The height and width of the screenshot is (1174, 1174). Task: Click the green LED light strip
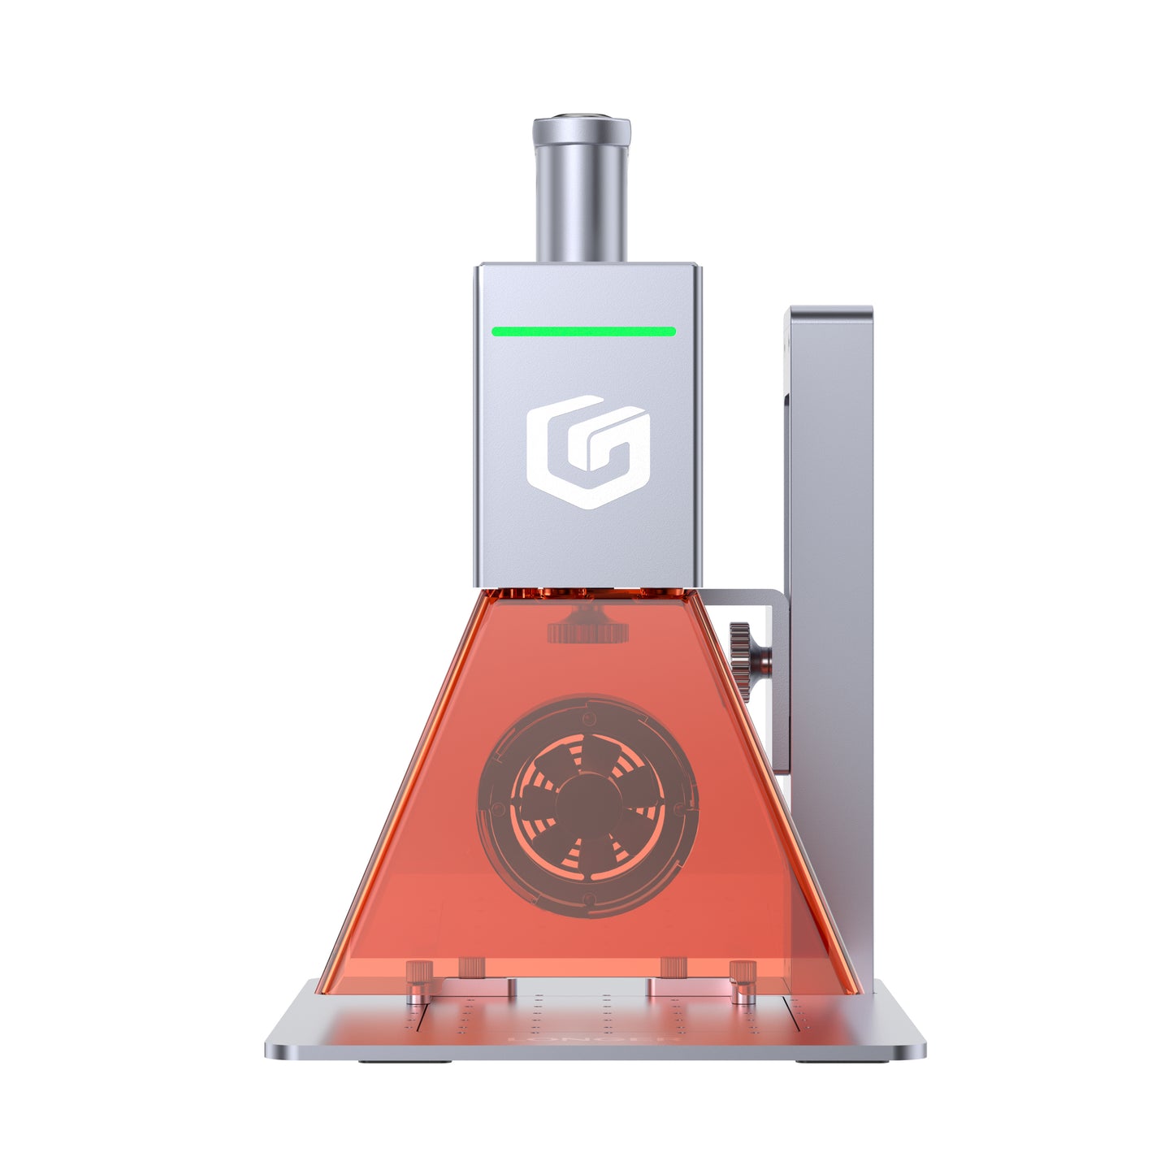pos(583,331)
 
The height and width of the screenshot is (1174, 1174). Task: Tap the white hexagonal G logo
pos(587,452)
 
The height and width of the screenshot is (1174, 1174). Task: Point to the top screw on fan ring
pos(590,717)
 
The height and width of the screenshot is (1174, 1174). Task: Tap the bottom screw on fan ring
pos(589,899)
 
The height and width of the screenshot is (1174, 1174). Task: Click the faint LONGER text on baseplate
pos(593,1039)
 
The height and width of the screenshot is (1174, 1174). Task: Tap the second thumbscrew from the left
pos(472,967)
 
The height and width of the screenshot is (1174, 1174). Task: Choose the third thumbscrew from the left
pos(674,967)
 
